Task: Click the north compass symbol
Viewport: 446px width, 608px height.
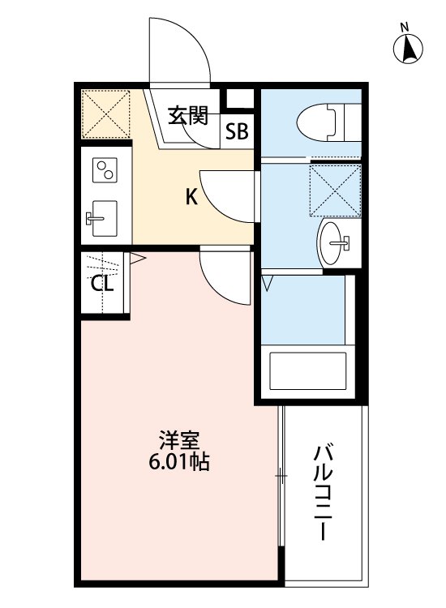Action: [410, 49]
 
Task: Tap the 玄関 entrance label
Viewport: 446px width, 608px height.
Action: [188, 115]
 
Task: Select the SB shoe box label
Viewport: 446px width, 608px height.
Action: [237, 132]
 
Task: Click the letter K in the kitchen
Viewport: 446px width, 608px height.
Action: [191, 196]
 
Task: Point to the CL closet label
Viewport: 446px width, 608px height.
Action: [101, 284]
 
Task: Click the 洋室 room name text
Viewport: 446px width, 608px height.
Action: [179, 443]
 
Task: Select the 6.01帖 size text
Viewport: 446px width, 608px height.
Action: [179, 464]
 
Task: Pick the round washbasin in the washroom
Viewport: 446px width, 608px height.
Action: [334, 242]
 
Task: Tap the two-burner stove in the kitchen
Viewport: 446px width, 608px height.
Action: [105, 172]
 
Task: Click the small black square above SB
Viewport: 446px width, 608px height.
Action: [238, 98]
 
